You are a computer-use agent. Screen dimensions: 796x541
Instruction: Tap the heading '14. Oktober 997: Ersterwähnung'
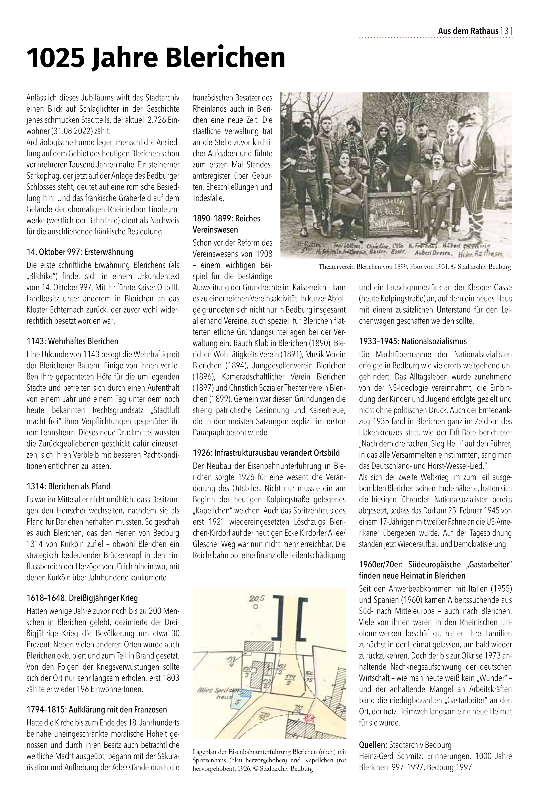pyautogui.click(x=80, y=252)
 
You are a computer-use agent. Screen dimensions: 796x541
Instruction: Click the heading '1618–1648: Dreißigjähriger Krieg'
pyautogui.click(x=82, y=598)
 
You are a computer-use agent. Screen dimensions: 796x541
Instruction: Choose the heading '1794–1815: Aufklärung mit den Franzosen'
pyautogui.click(x=97, y=710)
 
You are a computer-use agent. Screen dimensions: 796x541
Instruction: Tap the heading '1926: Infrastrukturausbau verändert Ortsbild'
pyautogui.click(x=266, y=453)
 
